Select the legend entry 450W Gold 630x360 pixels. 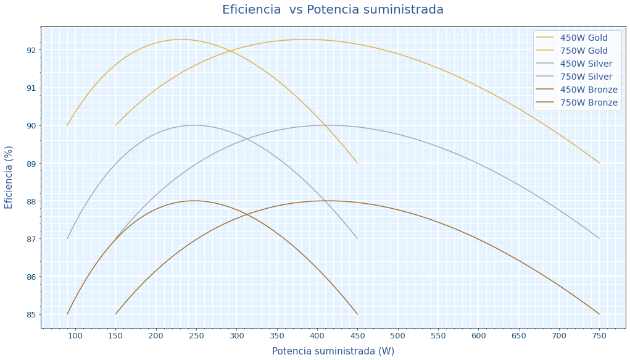583,38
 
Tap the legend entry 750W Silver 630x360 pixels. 586,77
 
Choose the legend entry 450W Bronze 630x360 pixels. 588,90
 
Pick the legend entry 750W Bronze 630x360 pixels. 588,103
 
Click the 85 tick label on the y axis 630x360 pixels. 30,315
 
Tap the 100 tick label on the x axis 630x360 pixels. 75,335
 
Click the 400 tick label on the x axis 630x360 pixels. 317,335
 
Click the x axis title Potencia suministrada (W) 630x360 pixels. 333,351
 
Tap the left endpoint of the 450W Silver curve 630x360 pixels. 67,238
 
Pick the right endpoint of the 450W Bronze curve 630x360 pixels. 357,314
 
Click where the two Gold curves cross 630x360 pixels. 231,51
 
